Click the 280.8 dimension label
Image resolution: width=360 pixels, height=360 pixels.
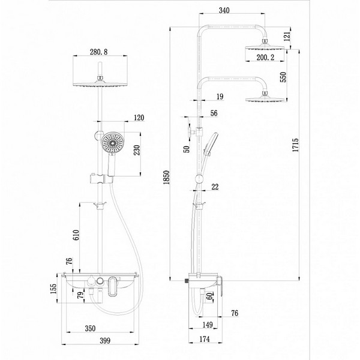pos(98,52)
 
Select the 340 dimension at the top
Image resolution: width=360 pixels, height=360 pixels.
pos(224,10)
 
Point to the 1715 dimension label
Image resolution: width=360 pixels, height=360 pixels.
pos(295,145)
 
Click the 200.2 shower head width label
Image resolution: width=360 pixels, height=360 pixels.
pos(265,57)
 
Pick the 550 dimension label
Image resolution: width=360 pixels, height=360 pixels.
pos(284,77)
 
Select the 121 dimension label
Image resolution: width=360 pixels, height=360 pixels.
pos(287,36)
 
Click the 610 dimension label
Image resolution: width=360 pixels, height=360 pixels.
pos(76,235)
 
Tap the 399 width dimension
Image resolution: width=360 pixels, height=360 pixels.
pos(105,341)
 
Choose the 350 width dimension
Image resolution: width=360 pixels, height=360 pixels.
pos(90,328)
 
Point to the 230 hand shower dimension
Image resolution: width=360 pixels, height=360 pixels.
pos(137,150)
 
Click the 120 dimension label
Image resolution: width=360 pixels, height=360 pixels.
pos(139,118)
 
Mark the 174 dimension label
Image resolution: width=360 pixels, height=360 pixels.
pos(205,339)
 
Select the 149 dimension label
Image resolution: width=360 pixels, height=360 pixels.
pos(208,325)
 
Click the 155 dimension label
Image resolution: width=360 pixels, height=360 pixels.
pos(53,289)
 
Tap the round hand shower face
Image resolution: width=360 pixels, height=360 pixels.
pos(113,143)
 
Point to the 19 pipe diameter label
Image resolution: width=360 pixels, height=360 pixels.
pos(220,97)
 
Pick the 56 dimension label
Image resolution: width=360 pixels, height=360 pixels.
pos(214,113)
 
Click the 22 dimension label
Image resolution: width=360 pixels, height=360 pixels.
pos(215,187)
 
